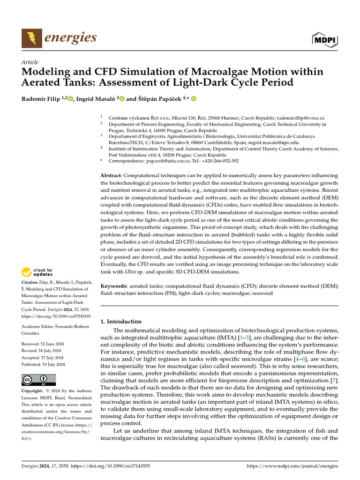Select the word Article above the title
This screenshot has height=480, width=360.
pos(30,62)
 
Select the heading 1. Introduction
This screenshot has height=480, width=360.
pos(121,322)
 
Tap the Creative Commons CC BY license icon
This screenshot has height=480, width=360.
pos(38,379)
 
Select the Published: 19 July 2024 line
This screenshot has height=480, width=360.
pos(44,364)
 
